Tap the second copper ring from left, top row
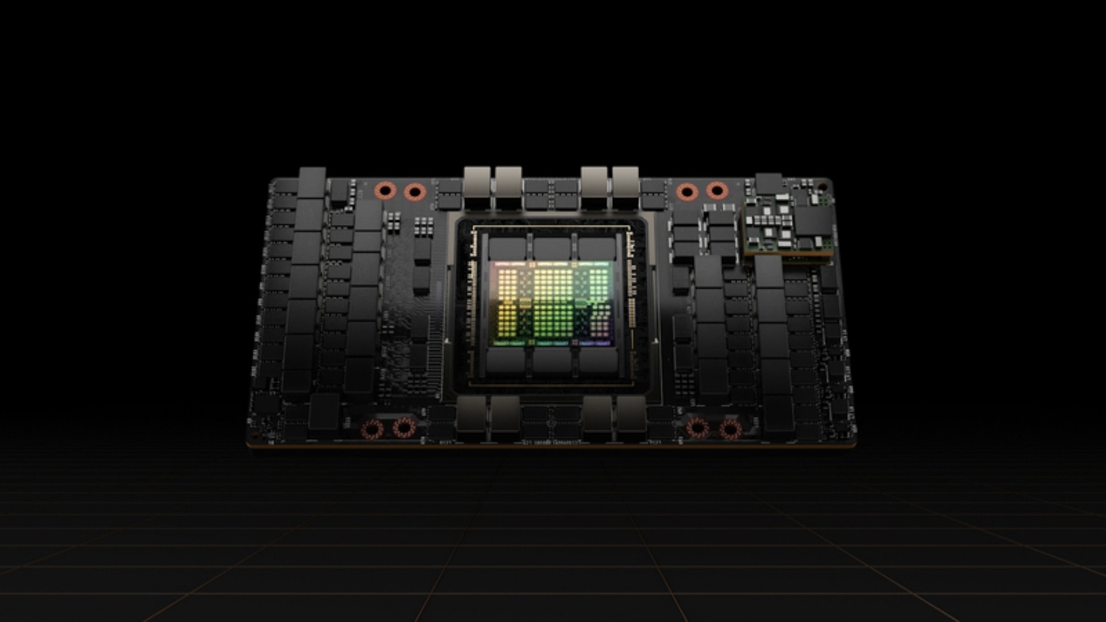[x=414, y=190]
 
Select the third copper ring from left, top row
[x=687, y=190]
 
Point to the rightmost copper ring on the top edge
[x=717, y=190]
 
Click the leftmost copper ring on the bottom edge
[x=373, y=429]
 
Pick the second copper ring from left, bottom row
[x=404, y=428]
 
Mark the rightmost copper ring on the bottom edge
[x=730, y=429]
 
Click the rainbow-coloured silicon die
[x=551, y=301]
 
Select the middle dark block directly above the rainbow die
[x=552, y=248]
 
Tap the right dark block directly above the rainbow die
[x=597, y=248]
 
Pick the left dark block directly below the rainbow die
[x=506, y=359]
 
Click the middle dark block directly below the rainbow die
[x=551, y=359]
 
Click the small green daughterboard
[x=788, y=223]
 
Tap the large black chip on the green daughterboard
[x=813, y=221]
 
